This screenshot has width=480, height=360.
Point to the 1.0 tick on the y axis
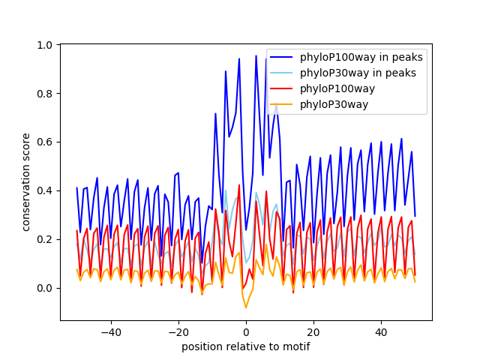(45, 45)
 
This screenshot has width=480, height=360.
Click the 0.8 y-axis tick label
(45, 94)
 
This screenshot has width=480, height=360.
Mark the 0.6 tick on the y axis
(45, 142)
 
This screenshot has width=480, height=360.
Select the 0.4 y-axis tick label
(45, 190)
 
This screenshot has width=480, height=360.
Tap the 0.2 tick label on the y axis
(45, 239)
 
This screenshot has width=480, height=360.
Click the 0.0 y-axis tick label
(45, 288)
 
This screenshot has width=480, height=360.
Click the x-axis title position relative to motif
(246, 346)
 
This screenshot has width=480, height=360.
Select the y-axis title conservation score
(26, 182)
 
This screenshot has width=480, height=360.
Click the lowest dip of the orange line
(246, 307)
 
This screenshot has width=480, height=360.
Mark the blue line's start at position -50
(77, 188)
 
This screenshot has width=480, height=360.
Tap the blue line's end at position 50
(415, 217)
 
